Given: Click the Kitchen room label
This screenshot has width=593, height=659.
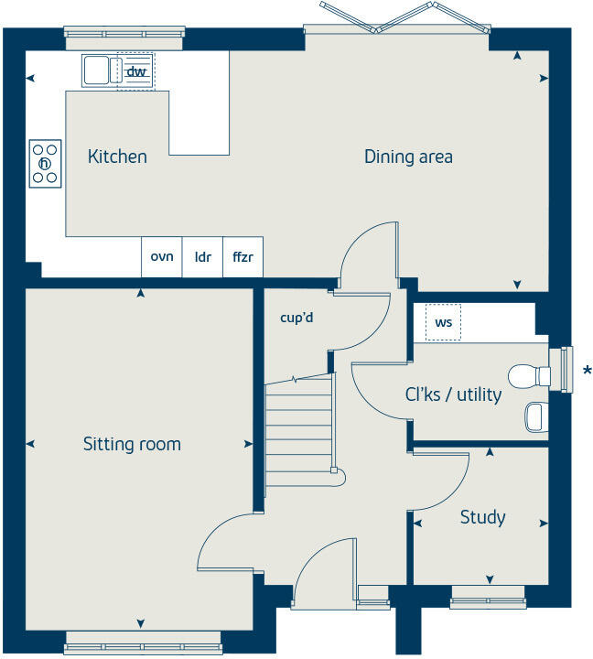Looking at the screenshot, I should click(x=117, y=157).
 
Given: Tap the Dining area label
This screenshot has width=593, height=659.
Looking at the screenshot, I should click(x=408, y=157).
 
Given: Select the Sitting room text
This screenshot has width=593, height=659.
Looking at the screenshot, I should click(x=132, y=445).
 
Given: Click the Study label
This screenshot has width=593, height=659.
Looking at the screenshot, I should click(x=482, y=517).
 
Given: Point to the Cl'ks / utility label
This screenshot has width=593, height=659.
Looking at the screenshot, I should click(x=453, y=394).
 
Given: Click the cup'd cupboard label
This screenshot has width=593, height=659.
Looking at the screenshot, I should click(x=296, y=319).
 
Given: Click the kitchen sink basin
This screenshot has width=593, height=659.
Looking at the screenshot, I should click(x=97, y=70).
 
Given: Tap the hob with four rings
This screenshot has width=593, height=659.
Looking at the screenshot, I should click(x=45, y=163).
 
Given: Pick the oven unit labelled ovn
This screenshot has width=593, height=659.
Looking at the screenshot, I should click(x=162, y=257).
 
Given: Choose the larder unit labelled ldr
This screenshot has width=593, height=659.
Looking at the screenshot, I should click(x=203, y=257).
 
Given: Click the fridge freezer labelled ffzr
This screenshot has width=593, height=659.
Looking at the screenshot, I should click(x=243, y=257).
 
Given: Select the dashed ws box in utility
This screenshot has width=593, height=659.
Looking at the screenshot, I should click(x=443, y=322).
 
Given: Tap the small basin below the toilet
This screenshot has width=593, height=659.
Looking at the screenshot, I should click(x=536, y=417).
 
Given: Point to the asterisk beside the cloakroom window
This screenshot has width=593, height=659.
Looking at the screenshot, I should click(x=587, y=371).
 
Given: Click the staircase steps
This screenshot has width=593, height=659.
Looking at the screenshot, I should click(x=298, y=426).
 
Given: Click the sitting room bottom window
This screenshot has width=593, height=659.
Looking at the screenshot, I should click(x=141, y=646).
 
